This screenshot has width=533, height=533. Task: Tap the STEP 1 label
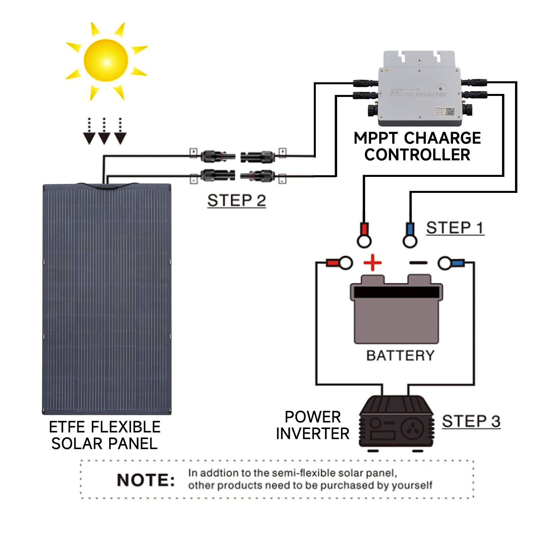455,228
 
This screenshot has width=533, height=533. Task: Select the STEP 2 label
237,201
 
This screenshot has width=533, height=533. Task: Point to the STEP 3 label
471,421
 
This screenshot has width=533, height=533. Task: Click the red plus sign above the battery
372,263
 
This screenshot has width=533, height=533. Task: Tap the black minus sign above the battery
418,263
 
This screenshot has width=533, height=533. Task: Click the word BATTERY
400,356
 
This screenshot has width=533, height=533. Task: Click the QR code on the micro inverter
450,112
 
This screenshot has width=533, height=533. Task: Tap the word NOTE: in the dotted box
146,480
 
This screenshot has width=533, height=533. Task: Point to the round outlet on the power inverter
412,428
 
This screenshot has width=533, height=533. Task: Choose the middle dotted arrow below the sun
104,132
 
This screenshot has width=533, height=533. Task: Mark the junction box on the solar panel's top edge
106,187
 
